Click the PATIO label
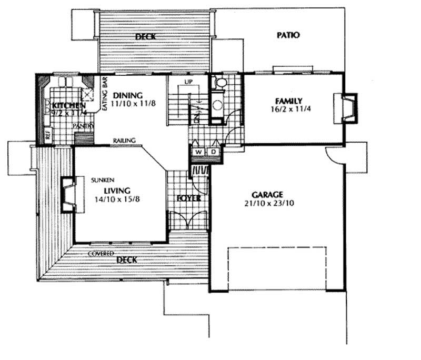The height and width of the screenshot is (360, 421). tap(288, 36)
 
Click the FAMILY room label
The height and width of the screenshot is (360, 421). tap(288, 101)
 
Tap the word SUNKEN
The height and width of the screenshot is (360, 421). tap(101, 179)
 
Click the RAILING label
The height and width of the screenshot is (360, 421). tap(124, 141)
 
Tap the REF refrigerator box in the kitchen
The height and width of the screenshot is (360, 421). tap(47, 135)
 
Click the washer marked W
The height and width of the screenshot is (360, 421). tap(198, 152)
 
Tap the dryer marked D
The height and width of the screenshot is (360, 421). tap(215, 152)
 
